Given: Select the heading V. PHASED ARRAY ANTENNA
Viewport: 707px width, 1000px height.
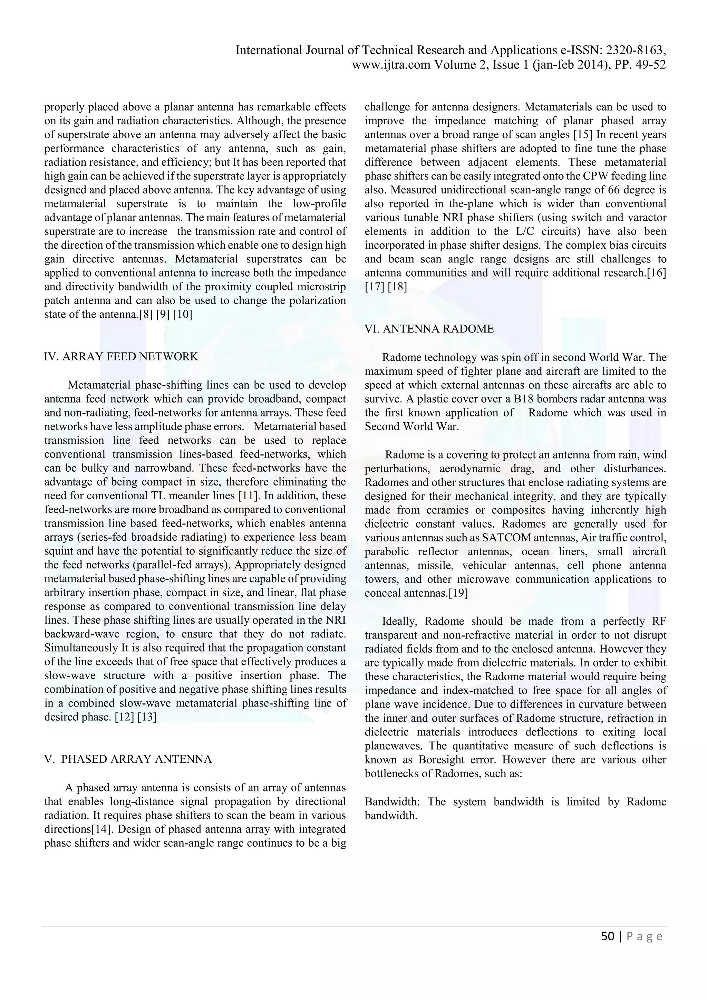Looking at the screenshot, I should click(x=128, y=759).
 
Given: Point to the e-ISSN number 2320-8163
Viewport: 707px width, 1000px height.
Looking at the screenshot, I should click(x=636, y=50).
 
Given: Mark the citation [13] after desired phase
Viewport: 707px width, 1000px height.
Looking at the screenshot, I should click(x=147, y=717).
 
